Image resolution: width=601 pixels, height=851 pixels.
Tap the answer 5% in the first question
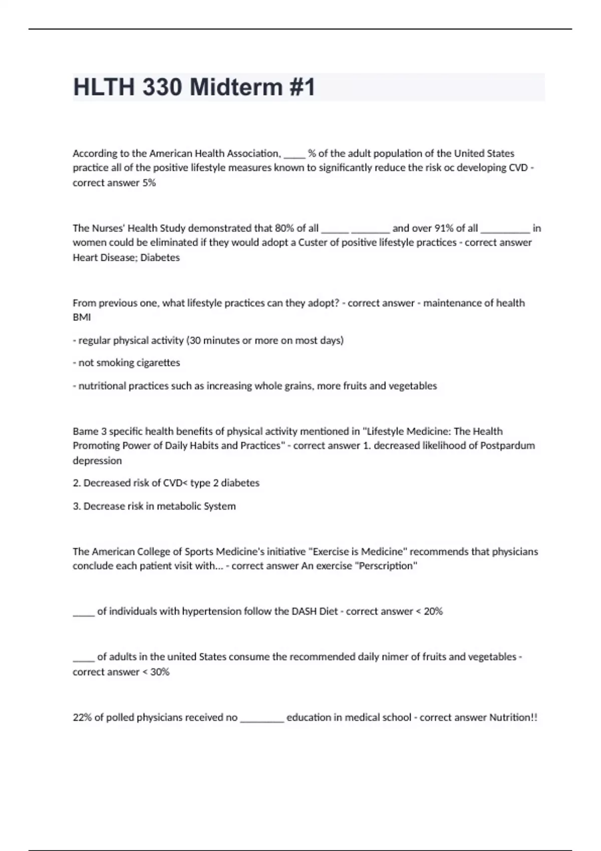coord(149,183)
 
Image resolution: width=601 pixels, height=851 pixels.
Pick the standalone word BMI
coord(82,317)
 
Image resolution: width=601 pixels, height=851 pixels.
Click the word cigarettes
coord(158,362)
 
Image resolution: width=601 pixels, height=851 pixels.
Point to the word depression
coord(97,461)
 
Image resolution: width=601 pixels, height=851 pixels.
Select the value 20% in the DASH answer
coord(433,611)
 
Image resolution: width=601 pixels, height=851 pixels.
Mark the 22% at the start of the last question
coord(82,717)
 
